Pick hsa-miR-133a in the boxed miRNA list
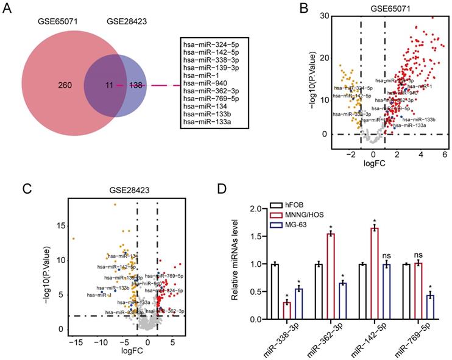(205, 122)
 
